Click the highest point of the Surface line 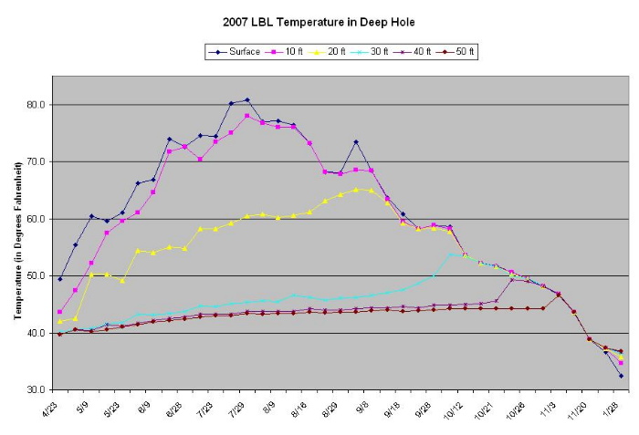pos(246,100)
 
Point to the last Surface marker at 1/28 pos(621,376)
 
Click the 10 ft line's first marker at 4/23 pos(60,312)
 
